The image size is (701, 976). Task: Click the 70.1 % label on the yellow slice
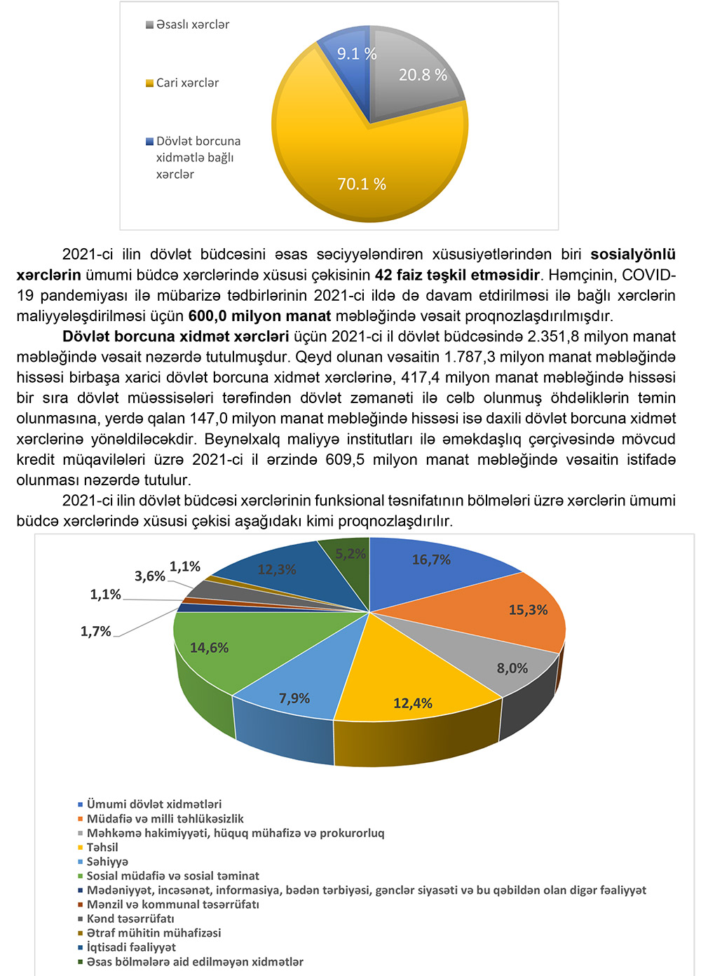(x=362, y=184)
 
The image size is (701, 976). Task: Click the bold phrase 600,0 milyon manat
(x=259, y=316)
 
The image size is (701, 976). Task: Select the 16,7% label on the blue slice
(x=431, y=560)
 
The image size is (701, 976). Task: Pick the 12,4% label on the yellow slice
(x=412, y=703)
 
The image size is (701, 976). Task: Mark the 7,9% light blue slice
(x=294, y=698)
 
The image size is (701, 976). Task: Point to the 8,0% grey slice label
(x=512, y=668)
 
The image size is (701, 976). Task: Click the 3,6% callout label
(x=150, y=576)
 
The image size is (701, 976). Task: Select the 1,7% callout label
(x=96, y=631)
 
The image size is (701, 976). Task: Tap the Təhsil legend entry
(x=102, y=847)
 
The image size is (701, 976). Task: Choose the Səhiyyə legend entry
(x=107, y=862)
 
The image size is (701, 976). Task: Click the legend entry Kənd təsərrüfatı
(x=130, y=919)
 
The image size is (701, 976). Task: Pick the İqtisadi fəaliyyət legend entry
(x=131, y=947)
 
